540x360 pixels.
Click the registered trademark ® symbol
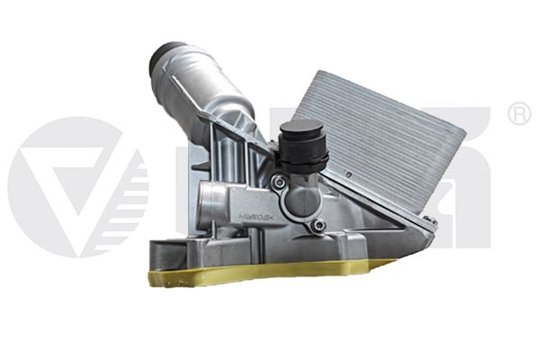click(x=518, y=115)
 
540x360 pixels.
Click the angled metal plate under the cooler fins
click(x=378, y=211)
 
